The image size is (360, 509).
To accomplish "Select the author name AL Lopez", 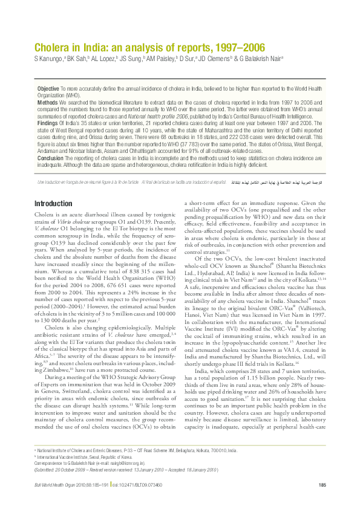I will click(105, 58).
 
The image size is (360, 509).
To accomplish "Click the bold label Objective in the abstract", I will click(48, 88).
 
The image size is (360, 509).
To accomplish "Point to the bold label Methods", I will click(48, 102).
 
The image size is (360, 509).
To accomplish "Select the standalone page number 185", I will click(321, 485).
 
